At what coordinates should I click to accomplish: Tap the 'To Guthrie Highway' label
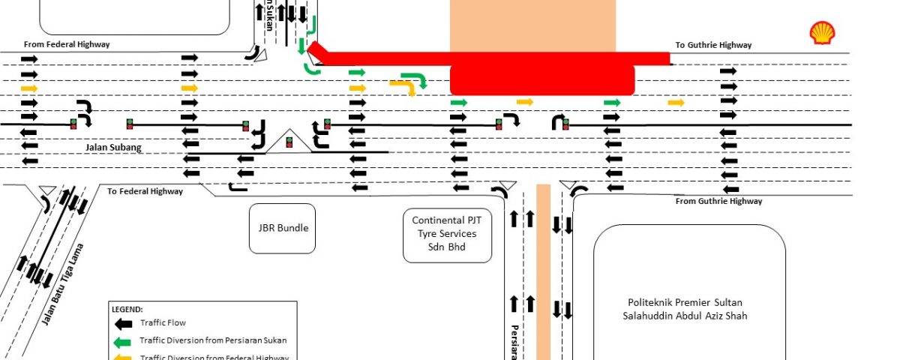[713, 45]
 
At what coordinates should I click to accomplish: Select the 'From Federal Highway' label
[67, 44]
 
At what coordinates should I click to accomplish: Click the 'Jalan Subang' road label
[113, 148]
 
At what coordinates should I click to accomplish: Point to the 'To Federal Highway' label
[145, 191]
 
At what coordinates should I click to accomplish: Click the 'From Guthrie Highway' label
[718, 201]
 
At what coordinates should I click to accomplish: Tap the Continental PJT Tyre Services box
[447, 233]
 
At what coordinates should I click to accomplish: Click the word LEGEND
[127, 309]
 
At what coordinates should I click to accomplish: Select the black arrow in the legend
[121, 323]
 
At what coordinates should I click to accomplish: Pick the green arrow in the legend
[121, 340]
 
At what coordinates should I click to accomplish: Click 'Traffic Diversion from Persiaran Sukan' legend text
[213, 340]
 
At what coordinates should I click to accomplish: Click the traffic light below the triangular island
[289, 142]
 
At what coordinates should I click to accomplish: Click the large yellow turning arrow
[403, 88]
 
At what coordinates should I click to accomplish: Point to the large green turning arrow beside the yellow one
[415, 79]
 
